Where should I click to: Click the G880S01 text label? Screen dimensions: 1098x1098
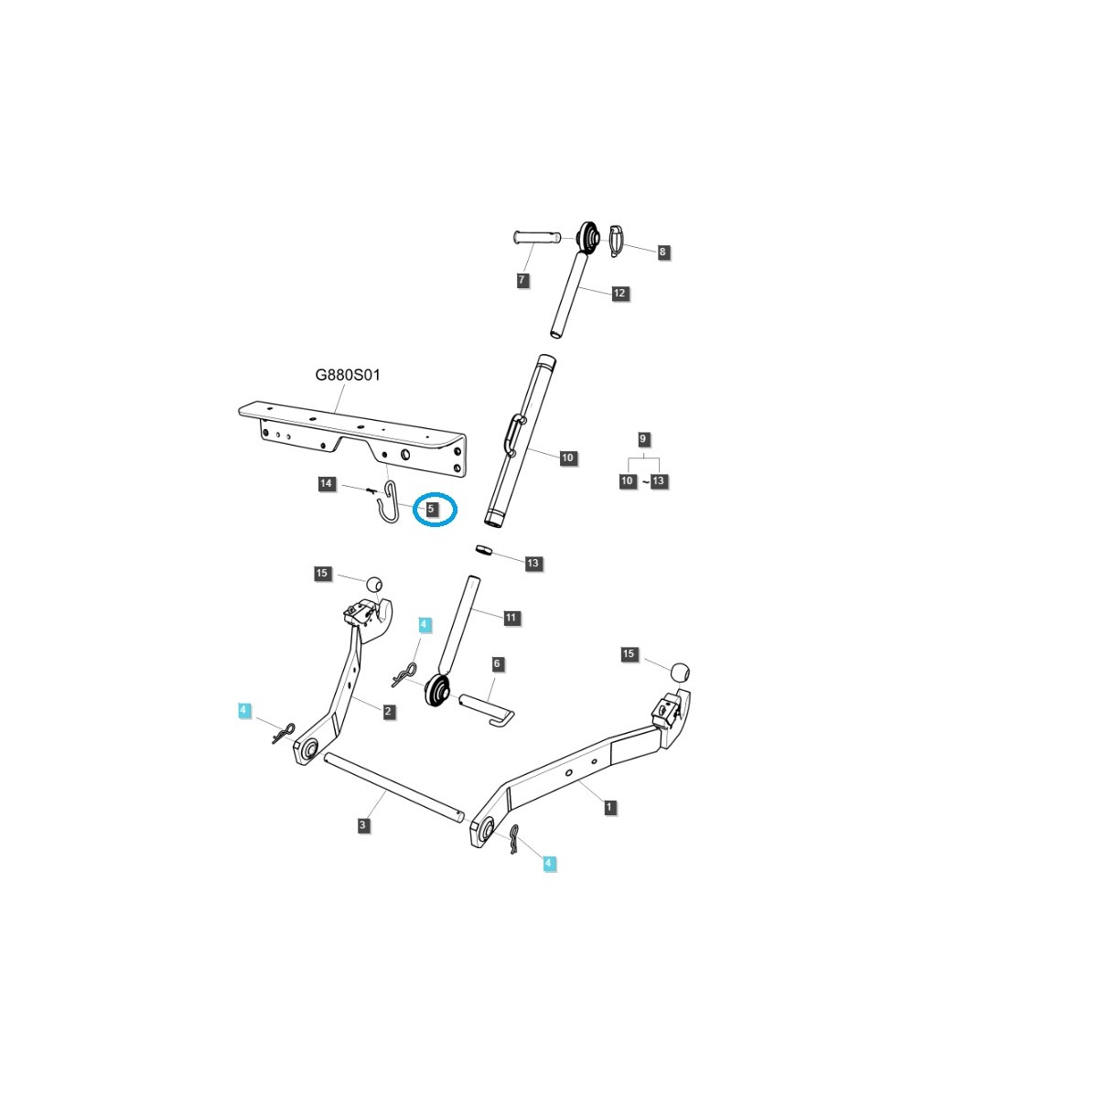click(347, 375)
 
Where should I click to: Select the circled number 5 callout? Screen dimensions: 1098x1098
click(430, 507)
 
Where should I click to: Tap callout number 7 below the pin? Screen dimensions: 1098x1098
click(522, 280)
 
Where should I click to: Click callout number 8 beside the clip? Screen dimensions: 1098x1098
click(662, 252)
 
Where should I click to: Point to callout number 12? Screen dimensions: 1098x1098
click(619, 293)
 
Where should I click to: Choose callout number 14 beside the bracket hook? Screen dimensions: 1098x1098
click(327, 483)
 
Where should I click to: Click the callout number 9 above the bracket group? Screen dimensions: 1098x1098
click(643, 440)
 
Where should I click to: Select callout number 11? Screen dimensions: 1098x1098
click(511, 618)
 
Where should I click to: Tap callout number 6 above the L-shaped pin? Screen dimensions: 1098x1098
click(497, 663)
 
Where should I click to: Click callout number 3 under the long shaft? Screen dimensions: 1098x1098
click(363, 825)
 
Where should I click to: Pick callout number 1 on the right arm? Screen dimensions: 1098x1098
click(609, 807)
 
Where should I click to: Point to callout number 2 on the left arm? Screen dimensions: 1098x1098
click(389, 711)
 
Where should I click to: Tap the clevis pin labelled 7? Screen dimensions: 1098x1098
click(542, 239)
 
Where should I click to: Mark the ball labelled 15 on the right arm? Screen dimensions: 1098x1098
click(678, 671)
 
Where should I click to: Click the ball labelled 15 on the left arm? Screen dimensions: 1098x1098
click(373, 584)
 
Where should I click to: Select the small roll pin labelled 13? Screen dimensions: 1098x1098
click(484, 551)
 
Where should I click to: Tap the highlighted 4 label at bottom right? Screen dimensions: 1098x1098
click(549, 863)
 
